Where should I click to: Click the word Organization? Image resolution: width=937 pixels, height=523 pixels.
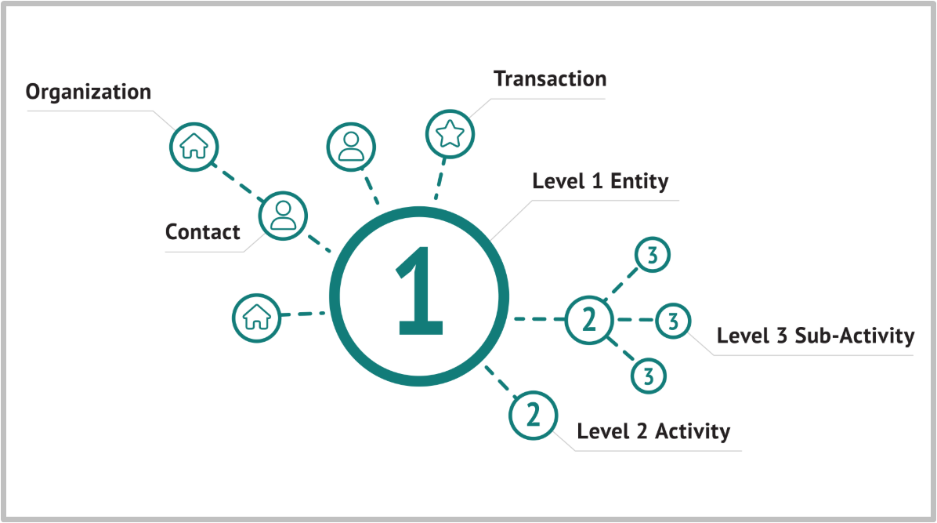point(89,93)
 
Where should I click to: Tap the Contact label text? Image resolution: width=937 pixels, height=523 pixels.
point(203,231)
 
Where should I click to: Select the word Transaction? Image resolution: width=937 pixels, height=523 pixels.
point(550,79)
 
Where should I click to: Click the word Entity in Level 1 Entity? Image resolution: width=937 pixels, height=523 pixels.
point(639,181)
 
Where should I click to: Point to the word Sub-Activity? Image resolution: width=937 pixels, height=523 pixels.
point(855,336)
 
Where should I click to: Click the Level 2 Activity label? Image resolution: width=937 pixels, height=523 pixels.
point(653,430)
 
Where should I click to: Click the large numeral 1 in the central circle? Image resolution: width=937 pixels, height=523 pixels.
point(419,290)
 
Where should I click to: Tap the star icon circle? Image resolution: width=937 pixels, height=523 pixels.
point(450,134)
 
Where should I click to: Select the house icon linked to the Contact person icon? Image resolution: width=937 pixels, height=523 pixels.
point(194,147)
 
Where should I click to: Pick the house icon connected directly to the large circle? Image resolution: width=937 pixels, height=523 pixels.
point(256,318)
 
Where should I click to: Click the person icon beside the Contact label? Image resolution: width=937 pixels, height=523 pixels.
point(284,216)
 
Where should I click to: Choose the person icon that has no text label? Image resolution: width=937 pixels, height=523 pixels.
point(351,147)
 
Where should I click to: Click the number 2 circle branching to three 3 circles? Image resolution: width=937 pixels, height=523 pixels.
point(589,320)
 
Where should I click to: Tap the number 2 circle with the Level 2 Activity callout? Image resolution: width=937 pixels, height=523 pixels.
point(533,416)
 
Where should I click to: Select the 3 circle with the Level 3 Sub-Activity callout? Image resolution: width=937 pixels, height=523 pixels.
point(674,321)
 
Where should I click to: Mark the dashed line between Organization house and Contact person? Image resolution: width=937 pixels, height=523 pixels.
point(238,182)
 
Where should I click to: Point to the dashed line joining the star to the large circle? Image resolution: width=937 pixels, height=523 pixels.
point(440,179)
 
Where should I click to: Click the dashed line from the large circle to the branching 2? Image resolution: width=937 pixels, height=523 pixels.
point(540,319)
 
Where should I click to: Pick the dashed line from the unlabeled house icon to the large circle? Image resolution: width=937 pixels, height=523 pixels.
point(303,314)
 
